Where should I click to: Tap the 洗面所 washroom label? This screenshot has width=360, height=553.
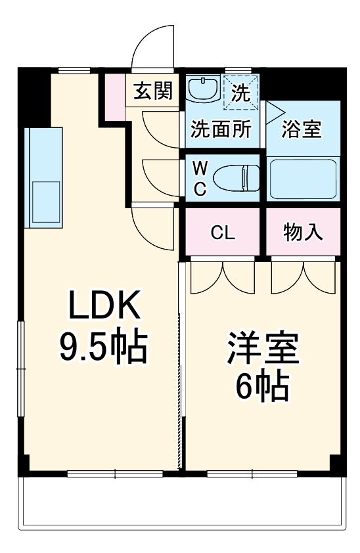coord(220,129)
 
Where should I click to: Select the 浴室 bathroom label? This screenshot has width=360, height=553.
coord(302,129)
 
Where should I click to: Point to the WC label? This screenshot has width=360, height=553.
coord(200,178)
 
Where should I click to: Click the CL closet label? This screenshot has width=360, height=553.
coord(223,232)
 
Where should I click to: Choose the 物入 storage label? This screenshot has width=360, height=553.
coord(303,232)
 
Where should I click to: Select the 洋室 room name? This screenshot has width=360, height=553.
coord(263,348)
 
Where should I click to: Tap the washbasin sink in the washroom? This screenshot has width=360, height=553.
coord(204,89)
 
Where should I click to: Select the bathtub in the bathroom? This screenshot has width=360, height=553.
coord(303,179)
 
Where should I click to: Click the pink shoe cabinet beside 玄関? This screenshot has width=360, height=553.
coord(116,97)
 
